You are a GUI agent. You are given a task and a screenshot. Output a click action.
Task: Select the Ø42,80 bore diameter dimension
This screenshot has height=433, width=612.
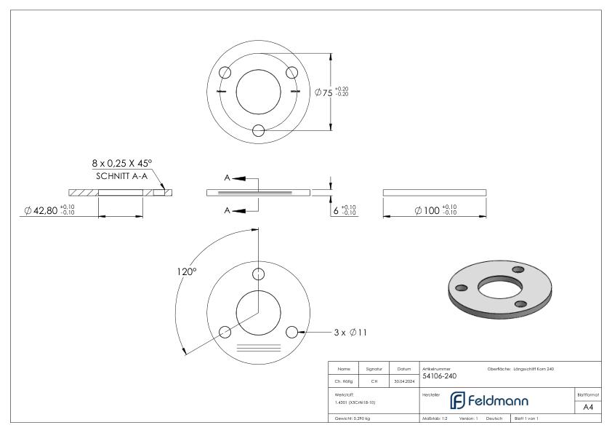(49, 210)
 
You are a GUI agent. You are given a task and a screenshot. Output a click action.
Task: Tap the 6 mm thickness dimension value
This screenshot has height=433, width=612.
(344, 210)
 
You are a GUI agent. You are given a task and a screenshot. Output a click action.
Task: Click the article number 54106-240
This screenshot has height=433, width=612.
(440, 376)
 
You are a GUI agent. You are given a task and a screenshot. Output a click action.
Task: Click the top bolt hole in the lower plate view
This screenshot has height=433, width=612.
(258, 274)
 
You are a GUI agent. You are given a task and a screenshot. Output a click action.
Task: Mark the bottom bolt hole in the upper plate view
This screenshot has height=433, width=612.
(258, 130)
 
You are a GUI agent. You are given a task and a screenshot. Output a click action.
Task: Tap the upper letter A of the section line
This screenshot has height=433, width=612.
(228, 178)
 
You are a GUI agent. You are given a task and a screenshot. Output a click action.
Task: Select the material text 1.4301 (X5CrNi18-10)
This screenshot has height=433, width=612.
(358, 402)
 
